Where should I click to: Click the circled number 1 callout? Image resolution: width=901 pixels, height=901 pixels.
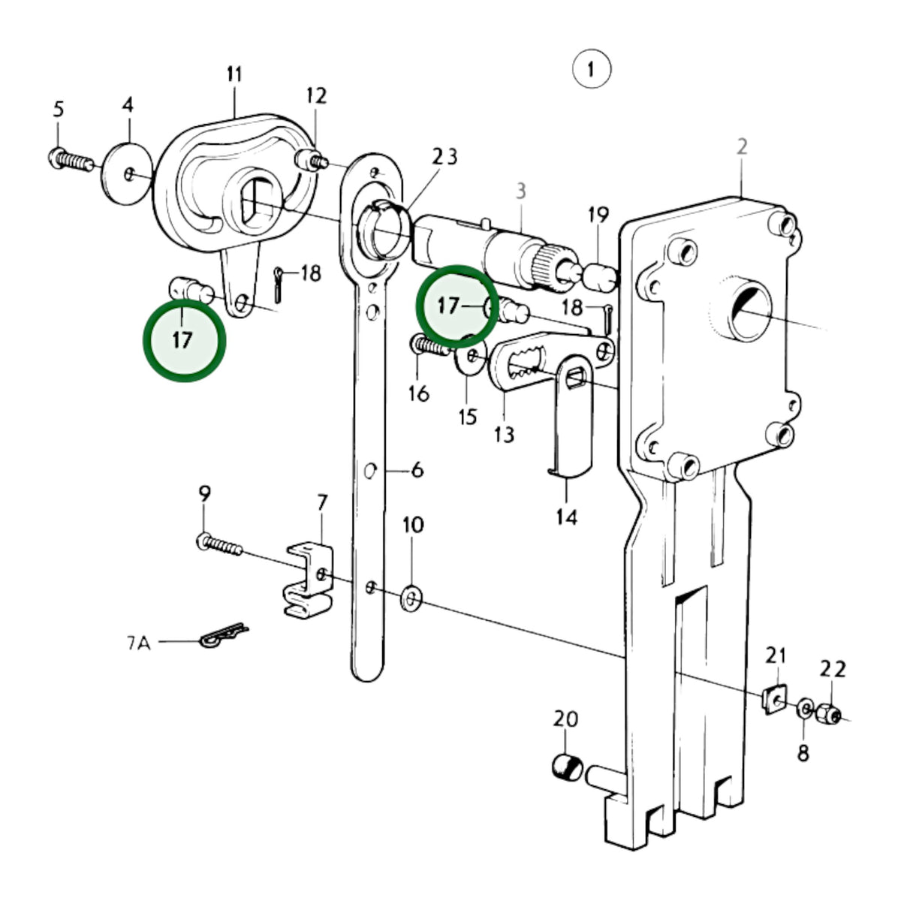592,69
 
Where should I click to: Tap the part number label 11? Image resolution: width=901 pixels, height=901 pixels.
234,74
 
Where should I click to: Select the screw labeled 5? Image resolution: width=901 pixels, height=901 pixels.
71,160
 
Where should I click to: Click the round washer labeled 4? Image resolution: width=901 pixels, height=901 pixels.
127,173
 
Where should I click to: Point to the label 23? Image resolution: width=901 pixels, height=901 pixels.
444,157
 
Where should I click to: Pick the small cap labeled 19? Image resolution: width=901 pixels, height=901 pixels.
600,277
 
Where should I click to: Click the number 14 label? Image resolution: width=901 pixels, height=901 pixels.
567,517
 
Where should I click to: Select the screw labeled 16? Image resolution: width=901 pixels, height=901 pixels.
429,345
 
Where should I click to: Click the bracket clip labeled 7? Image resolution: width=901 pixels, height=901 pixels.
309,580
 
